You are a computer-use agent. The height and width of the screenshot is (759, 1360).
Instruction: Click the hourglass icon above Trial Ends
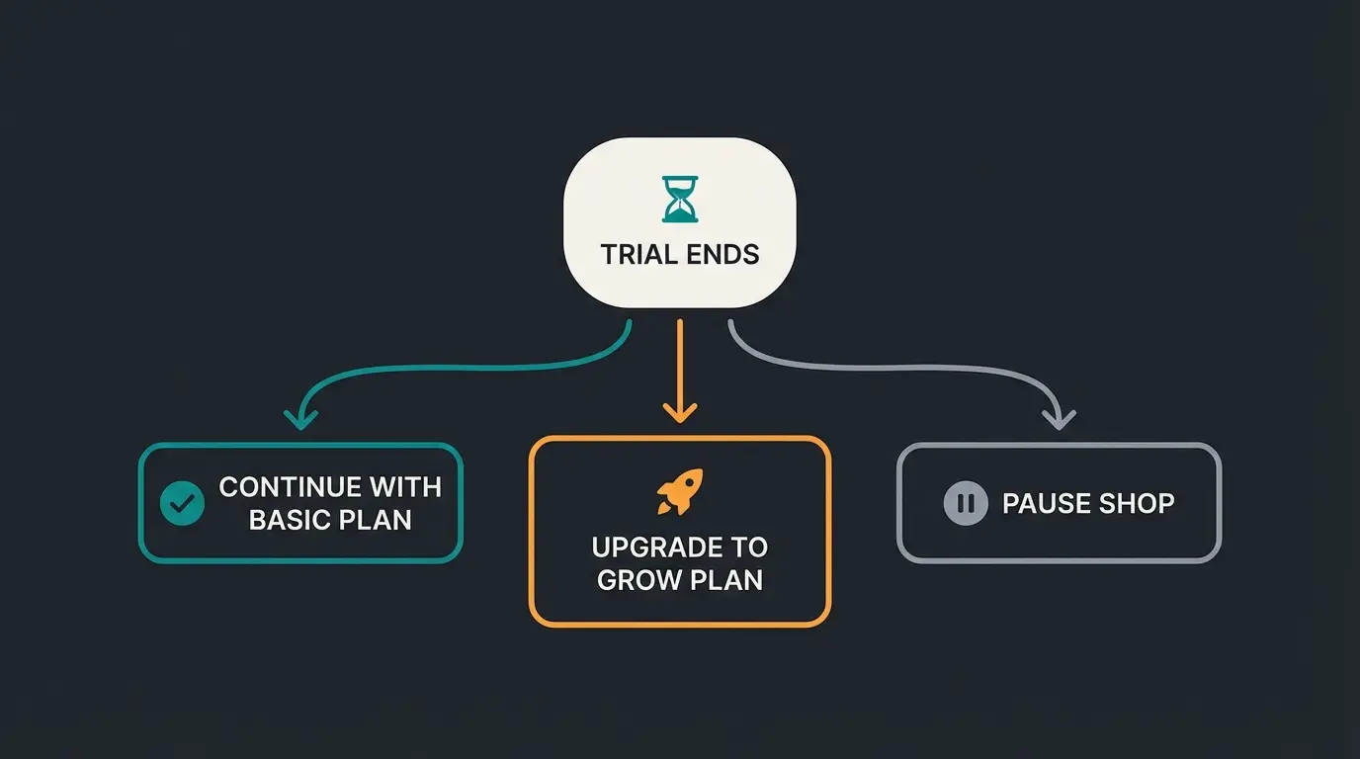679,199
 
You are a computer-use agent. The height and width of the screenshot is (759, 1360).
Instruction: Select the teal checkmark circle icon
182,504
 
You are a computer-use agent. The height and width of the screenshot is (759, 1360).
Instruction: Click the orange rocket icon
680,491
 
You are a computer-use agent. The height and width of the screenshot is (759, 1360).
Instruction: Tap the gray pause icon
966,504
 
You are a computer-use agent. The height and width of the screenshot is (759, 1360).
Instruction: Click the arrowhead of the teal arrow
300,419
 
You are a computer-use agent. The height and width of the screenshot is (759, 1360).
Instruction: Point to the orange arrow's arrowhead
680,411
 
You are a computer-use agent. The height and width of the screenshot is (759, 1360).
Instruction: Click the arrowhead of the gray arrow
1059,419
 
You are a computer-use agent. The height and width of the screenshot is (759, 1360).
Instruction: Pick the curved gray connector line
890,368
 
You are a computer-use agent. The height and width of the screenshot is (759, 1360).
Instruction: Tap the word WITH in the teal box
405,487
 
